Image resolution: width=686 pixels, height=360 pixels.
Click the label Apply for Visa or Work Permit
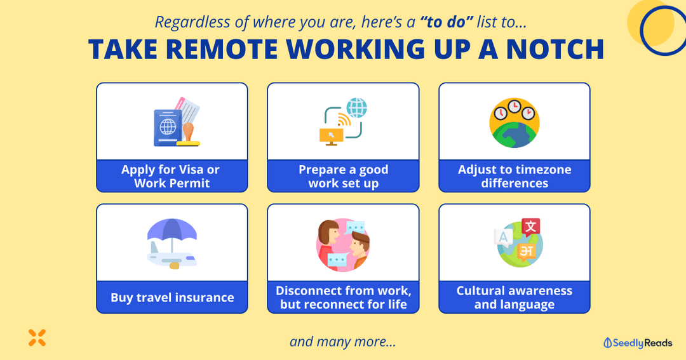coord(171,177)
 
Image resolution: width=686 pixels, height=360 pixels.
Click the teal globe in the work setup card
coord(357,107)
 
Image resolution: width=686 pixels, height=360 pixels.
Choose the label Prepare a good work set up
coord(343,177)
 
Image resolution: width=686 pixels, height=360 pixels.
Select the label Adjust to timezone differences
coord(514,177)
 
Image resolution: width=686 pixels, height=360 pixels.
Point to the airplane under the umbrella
coord(170,258)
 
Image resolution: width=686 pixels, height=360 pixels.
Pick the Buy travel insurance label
coord(172,297)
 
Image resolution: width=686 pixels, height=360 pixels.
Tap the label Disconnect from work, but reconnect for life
coord(343,297)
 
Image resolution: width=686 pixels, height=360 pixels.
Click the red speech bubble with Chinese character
coord(530,227)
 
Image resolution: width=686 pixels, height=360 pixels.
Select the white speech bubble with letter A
coord(503,237)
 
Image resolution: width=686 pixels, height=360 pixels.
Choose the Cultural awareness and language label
coord(514,297)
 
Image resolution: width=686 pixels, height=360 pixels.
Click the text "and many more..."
coord(343,342)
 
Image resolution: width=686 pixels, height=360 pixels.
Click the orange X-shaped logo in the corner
coord(37,338)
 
